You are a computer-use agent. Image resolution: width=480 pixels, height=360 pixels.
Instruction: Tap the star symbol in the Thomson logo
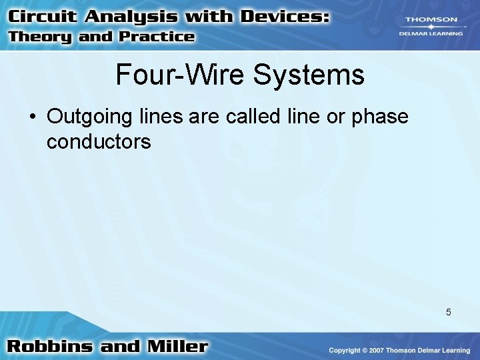coord(431,27)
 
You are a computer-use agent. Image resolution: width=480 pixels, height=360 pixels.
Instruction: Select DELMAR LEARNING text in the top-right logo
coord(431,33)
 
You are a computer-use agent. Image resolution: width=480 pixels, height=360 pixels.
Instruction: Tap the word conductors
coord(99,141)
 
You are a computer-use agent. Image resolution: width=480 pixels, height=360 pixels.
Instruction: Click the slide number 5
coord(449,312)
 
